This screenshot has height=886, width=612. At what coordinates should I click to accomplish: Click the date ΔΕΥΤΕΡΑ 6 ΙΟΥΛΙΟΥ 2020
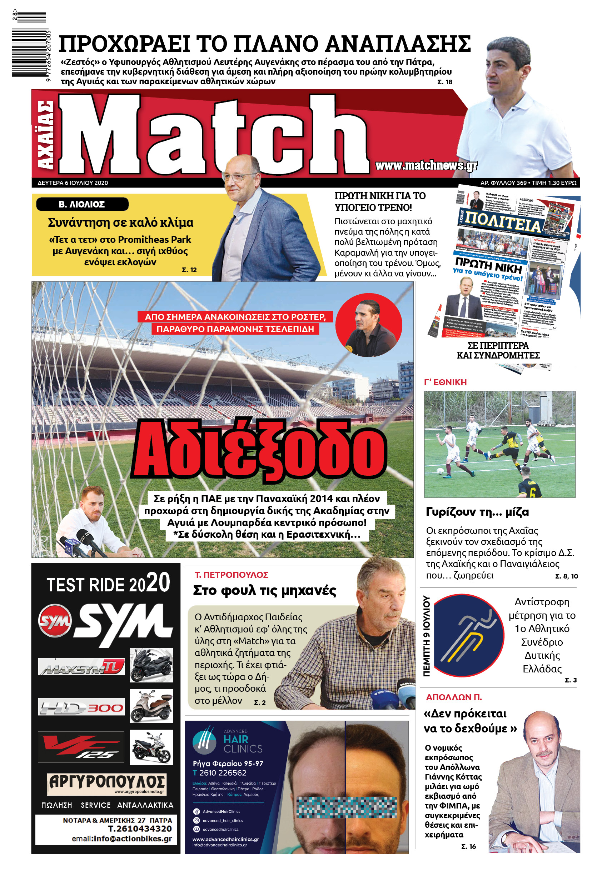pos(73,183)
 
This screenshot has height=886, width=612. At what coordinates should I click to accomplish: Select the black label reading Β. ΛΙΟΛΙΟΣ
pos(82,204)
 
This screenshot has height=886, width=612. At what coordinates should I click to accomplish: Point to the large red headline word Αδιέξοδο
pos(259,449)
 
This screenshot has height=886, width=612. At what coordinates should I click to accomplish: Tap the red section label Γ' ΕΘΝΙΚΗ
pos(445,382)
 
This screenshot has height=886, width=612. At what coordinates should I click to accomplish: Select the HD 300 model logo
pos(81,707)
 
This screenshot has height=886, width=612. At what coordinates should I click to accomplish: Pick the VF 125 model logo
pos(81,746)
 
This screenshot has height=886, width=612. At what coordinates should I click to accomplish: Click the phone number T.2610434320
pos(140,829)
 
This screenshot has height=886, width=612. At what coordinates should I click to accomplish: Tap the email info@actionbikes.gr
pos(122,839)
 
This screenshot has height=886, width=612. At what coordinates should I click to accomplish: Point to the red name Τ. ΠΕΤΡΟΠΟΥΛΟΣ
pos(232,575)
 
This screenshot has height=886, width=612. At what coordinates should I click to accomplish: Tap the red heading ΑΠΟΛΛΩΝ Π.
pos(454,697)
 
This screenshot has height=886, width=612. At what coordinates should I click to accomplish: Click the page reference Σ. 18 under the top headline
pos(445,82)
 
